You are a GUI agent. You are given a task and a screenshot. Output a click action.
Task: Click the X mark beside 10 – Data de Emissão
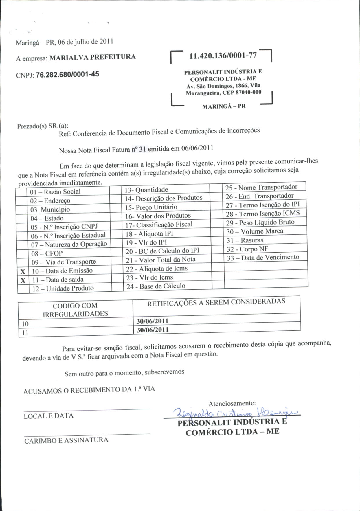(23, 272)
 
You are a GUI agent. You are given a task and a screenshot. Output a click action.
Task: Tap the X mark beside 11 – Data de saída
(23, 280)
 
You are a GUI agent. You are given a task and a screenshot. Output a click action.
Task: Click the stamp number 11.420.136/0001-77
(223, 56)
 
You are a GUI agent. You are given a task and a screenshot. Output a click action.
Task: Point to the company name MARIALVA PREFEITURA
(93, 57)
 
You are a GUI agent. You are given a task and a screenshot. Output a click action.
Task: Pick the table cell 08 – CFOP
(47, 253)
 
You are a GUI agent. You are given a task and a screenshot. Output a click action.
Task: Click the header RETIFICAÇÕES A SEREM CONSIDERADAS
(216, 302)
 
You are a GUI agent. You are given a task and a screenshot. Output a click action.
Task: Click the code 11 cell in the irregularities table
(25, 333)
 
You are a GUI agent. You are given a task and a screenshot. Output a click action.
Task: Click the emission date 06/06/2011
(197, 148)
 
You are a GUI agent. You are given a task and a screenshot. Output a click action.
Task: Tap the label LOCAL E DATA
(49, 416)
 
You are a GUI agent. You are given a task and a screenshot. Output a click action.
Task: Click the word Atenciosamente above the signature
(232, 403)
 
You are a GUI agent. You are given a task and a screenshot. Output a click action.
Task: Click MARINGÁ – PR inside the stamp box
(224, 106)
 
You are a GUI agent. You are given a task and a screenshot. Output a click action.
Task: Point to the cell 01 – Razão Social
(55, 192)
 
